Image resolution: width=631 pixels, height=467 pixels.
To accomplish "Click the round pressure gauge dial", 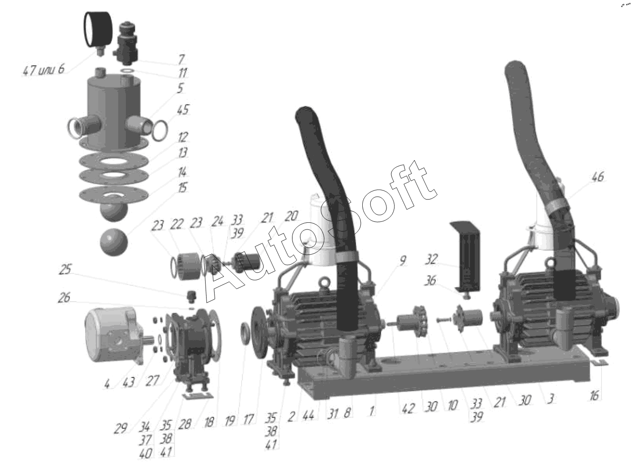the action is click(x=98, y=29).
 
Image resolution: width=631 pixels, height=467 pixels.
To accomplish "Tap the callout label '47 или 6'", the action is click(x=44, y=70).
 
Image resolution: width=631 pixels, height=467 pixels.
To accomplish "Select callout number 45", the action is click(x=183, y=110).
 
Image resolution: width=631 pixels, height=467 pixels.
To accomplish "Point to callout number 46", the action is click(x=597, y=177).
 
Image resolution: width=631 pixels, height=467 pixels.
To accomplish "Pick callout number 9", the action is click(x=403, y=260).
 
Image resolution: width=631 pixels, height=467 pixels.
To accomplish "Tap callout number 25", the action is click(x=65, y=269).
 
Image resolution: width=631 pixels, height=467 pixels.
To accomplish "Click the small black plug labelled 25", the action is click(x=191, y=297).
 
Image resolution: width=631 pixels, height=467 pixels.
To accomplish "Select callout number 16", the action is click(x=594, y=396).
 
